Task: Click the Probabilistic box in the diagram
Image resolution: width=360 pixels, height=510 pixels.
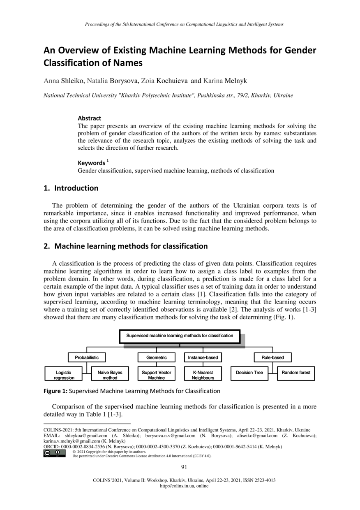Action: coord(86,357)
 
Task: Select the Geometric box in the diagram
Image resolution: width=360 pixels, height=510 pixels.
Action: coord(157,357)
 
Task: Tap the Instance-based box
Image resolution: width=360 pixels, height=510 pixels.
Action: coord(203,357)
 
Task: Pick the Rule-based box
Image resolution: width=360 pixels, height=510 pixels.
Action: coord(272,357)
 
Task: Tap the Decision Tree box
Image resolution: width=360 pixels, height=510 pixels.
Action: coord(249,373)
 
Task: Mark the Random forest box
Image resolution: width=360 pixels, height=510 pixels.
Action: coord(296,373)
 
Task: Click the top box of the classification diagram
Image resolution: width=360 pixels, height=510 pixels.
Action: coord(180,336)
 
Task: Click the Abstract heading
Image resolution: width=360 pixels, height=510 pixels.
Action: coord(89,118)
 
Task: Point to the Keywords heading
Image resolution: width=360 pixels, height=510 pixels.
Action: coord(91,163)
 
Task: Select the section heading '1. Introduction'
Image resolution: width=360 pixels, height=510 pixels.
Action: coord(71,188)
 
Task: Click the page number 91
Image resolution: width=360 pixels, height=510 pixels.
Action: coord(184,466)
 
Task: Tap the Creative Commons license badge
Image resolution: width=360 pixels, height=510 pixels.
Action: coord(55,454)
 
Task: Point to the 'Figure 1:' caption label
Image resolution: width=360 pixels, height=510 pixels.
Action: coord(55,391)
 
